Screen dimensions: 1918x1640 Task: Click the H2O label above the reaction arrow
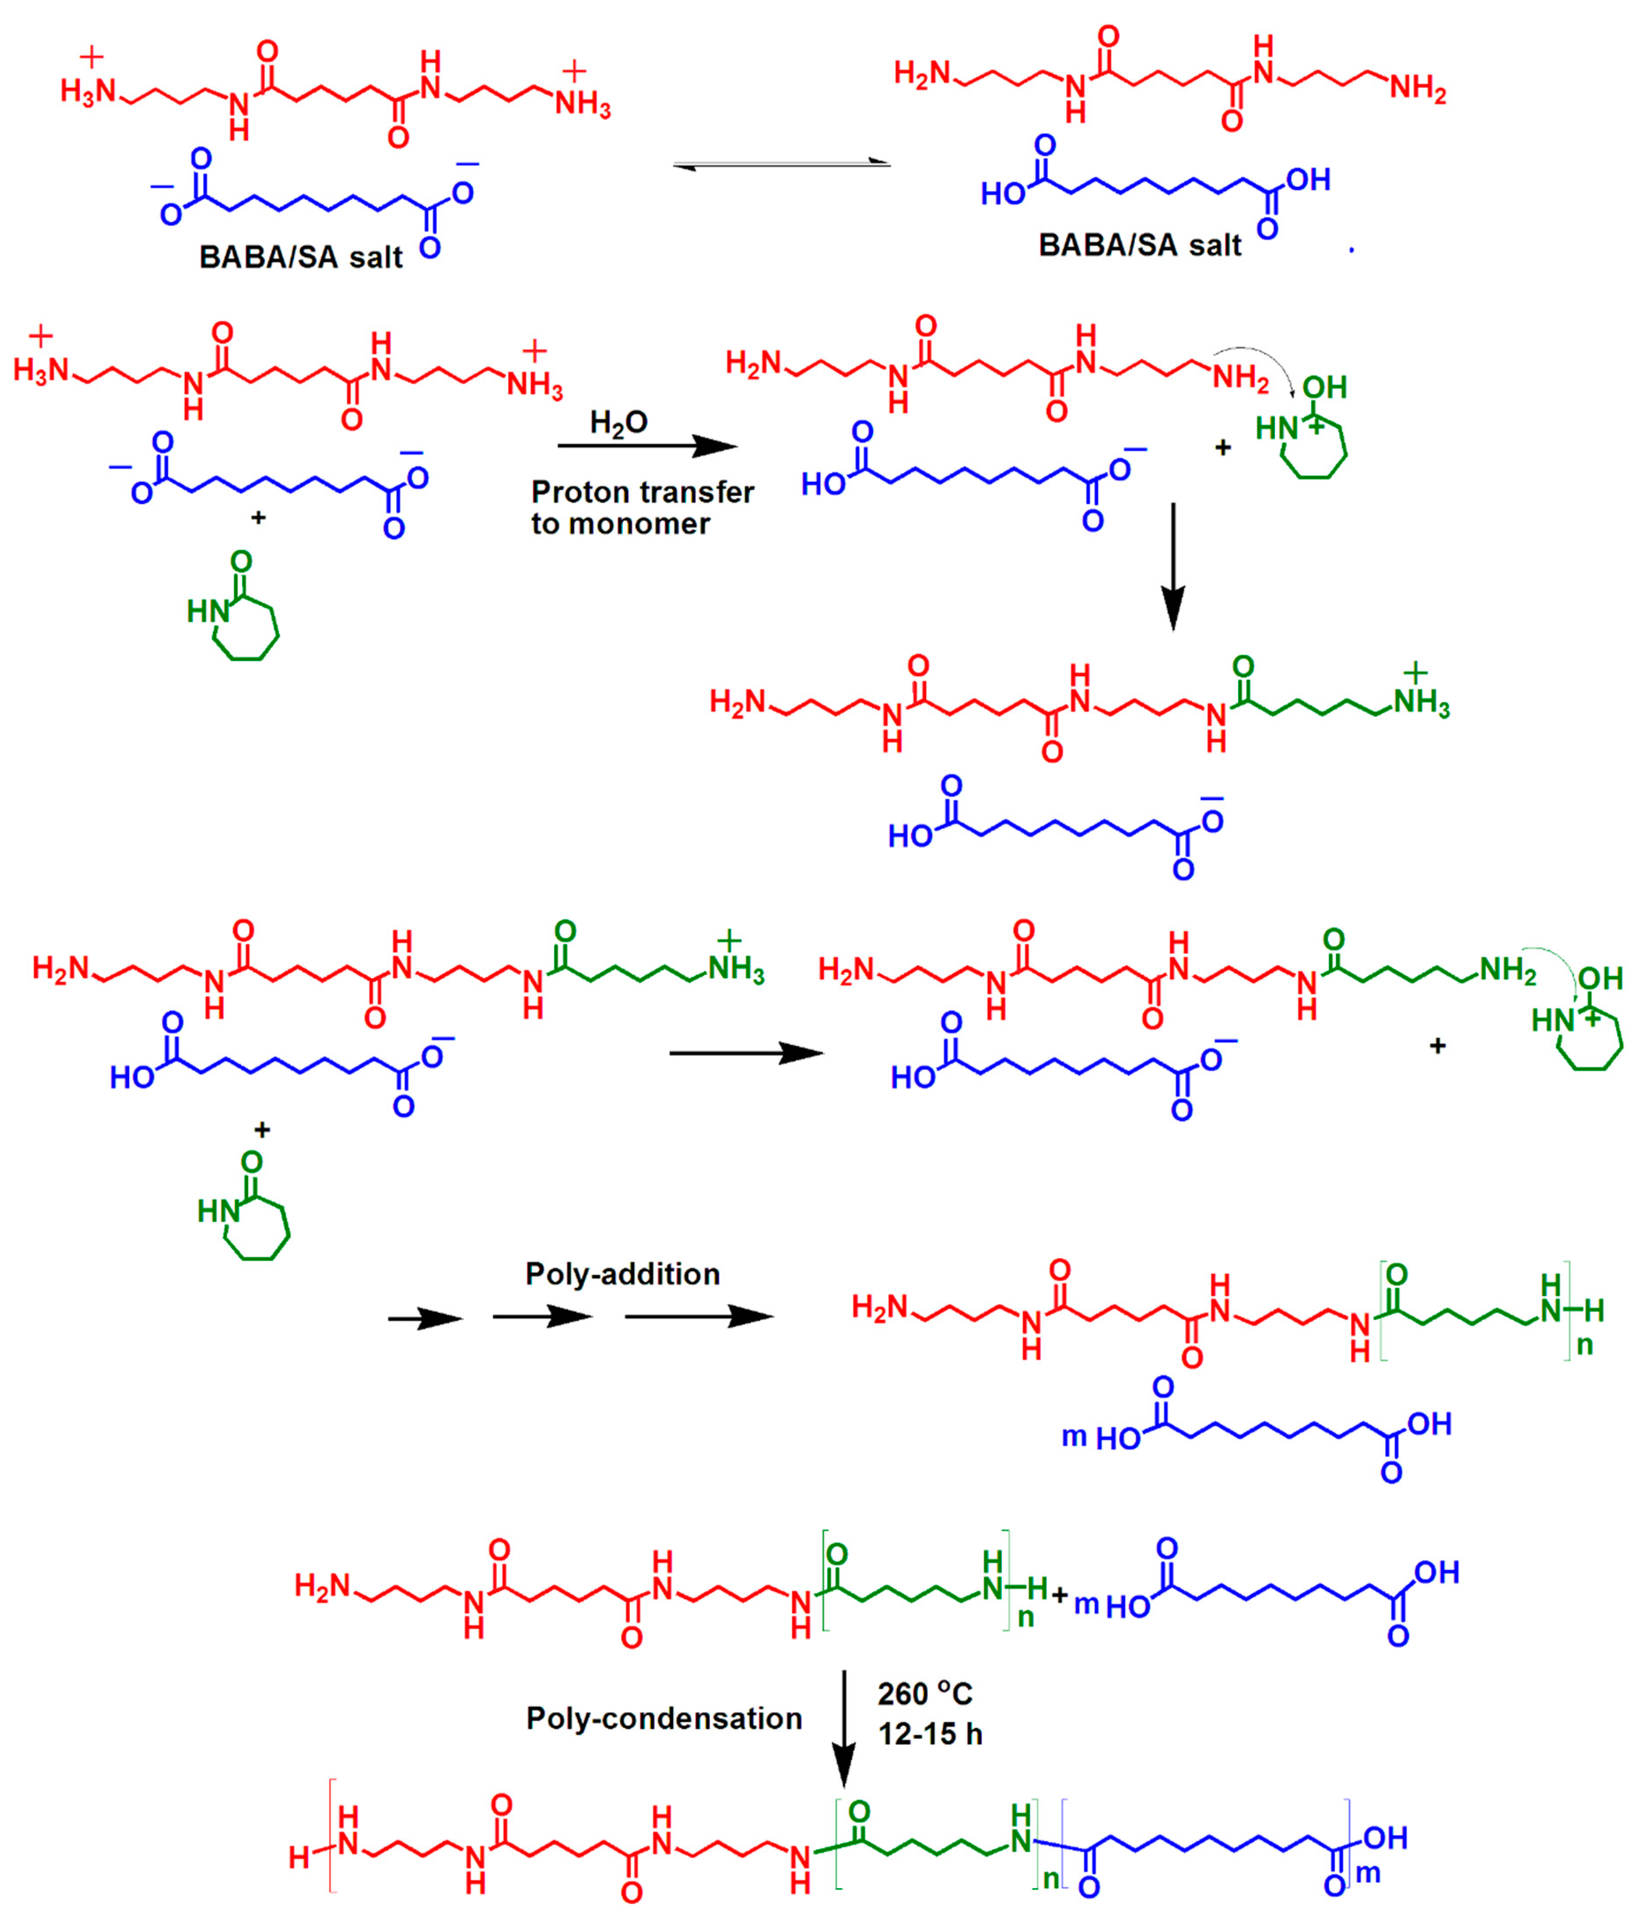tap(619, 423)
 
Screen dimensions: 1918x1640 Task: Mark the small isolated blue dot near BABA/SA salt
tap(1352, 250)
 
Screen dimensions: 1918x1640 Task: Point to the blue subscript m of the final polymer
tap(1368, 1873)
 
